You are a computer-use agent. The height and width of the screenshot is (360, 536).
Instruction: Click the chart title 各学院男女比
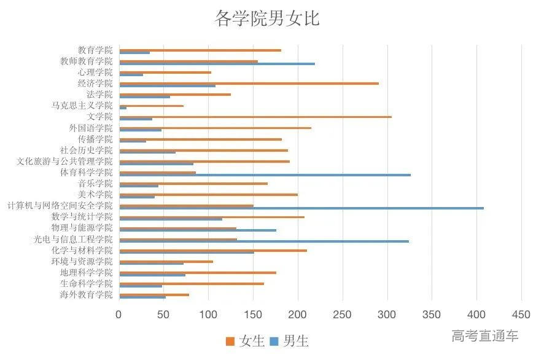click(267, 18)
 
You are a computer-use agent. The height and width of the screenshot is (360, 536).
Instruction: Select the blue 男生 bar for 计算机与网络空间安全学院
click(301, 208)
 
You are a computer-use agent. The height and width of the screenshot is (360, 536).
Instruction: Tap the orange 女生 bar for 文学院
click(255, 117)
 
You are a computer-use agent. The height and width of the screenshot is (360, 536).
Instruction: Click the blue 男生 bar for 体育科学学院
click(265, 175)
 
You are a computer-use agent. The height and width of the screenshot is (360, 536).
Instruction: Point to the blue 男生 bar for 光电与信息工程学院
click(264, 241)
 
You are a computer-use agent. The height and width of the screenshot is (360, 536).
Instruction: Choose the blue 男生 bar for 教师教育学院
click(217, 64)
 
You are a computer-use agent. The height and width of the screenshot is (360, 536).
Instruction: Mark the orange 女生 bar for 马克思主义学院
click(151, 106)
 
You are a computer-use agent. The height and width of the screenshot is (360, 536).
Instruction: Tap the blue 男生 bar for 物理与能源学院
click(197, 230)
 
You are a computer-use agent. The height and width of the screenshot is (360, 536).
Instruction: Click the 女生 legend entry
click(246, 340)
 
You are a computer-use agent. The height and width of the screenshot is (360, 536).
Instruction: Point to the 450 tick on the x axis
click(521, 313)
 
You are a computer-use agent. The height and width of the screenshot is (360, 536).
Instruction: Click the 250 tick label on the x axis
click(343, 313)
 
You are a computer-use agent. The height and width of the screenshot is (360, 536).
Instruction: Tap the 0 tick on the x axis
click(119, 313)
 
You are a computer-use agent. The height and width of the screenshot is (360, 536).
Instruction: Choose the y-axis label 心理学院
click(95, 72)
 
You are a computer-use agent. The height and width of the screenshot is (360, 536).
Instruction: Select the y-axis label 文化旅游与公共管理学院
click(64, 162)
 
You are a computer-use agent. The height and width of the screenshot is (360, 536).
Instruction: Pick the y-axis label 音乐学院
click(95, 184)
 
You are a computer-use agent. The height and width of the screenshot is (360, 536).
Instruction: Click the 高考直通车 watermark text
click(485, 336)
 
